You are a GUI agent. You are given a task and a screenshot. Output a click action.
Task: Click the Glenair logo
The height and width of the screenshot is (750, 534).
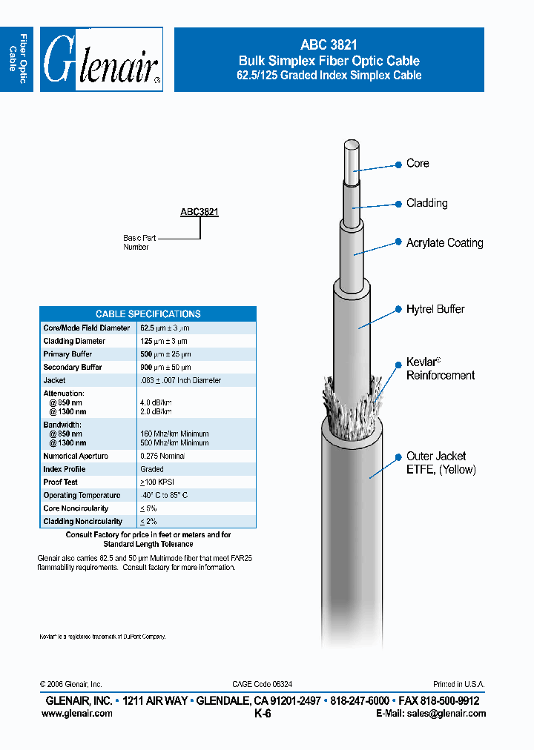point(101,60)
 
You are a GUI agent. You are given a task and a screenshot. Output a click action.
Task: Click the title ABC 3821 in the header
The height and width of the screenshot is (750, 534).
point(329,45)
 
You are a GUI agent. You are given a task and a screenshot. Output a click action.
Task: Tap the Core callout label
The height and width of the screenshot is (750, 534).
point(418,163)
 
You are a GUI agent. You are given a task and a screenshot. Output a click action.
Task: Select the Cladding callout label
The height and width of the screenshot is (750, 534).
point(426,203)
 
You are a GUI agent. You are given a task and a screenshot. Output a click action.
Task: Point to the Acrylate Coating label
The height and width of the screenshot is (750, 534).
point(444,243)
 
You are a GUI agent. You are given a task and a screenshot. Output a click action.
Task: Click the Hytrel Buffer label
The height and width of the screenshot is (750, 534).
point(435,309)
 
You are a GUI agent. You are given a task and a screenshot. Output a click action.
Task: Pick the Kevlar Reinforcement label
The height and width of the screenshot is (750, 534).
point(440,369)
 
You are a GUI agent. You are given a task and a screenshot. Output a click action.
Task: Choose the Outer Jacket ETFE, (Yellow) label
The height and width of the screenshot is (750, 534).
point(441,463)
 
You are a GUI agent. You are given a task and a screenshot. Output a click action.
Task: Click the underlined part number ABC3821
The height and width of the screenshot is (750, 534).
point(200,212)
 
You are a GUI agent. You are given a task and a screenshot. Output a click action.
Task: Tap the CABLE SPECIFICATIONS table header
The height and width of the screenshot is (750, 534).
point(148,313)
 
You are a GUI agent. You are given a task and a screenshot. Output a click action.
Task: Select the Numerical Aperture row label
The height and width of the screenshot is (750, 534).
point(76,457)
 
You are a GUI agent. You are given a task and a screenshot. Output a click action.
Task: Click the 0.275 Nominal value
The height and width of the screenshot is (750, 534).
point(162,457)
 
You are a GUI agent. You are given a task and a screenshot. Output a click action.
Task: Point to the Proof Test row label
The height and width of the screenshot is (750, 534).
point(61,482)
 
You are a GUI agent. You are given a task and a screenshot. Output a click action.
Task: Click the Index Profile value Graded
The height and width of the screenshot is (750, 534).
point(152,469)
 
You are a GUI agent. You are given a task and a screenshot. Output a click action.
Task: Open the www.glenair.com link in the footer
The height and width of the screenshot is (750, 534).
point(77,714)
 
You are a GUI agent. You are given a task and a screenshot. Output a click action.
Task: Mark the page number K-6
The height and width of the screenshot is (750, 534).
point(263,714)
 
